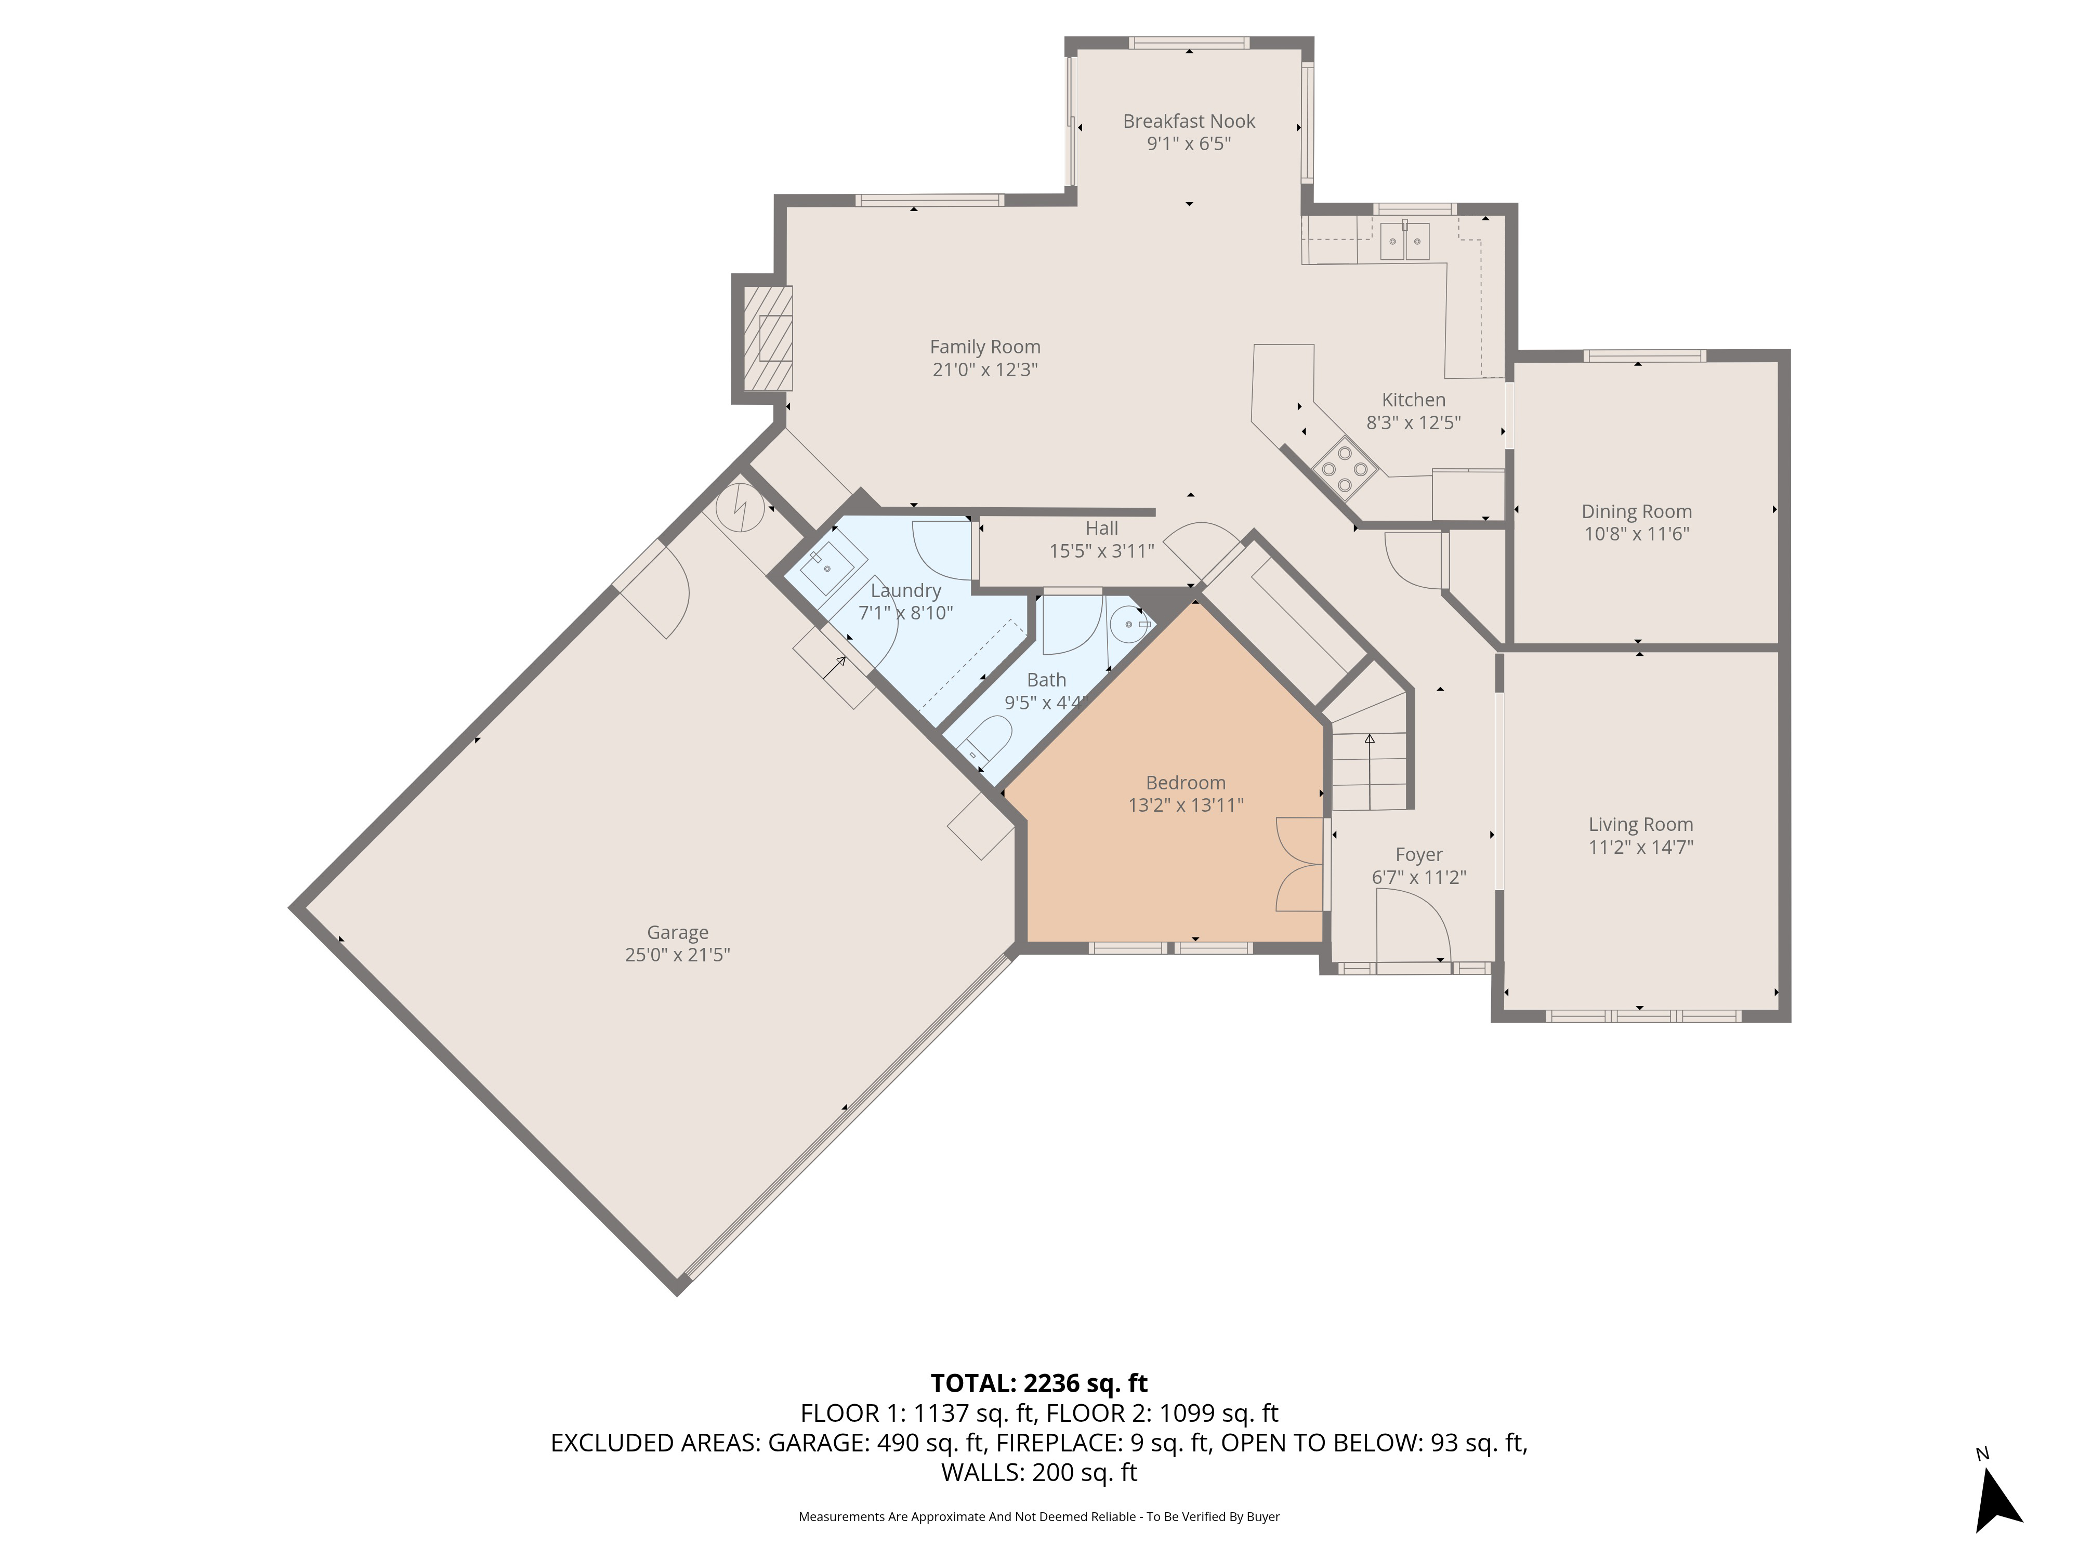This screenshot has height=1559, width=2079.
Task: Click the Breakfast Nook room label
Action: point(1189,121)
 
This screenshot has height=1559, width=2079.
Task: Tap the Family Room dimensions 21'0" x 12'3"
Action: point(985,369)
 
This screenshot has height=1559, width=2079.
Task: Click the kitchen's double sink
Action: point(1405,242)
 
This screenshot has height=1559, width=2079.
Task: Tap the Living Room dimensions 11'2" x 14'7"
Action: point(1641,847)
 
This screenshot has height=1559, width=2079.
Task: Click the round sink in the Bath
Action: point(1130,623)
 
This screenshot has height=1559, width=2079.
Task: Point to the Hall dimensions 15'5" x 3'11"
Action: point(1101,551)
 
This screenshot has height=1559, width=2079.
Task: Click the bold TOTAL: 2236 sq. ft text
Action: point(1038,1383)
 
